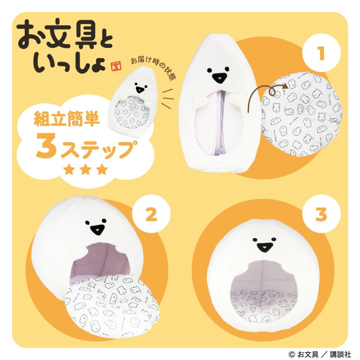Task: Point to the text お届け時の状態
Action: (x=153, y=68)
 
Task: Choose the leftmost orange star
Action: (x=70, y=170)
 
